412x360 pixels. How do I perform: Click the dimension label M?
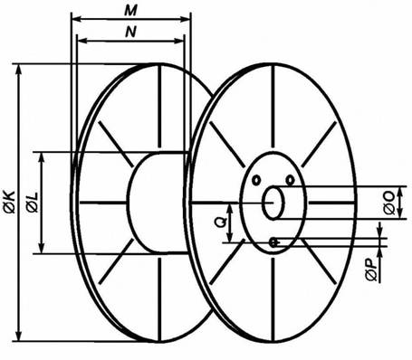[131, 11]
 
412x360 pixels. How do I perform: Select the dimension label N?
[130, 32]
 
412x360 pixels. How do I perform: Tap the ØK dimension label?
[9, 202]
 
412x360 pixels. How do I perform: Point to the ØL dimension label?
[33, 202]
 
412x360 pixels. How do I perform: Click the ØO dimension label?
[389, 203]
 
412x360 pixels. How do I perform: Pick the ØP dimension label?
[372, 270]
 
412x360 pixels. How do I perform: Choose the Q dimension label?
[221, 223]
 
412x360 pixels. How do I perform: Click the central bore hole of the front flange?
[273, 203]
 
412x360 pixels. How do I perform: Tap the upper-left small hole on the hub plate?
[256, 180]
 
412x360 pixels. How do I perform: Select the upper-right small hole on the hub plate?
[290, 180]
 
